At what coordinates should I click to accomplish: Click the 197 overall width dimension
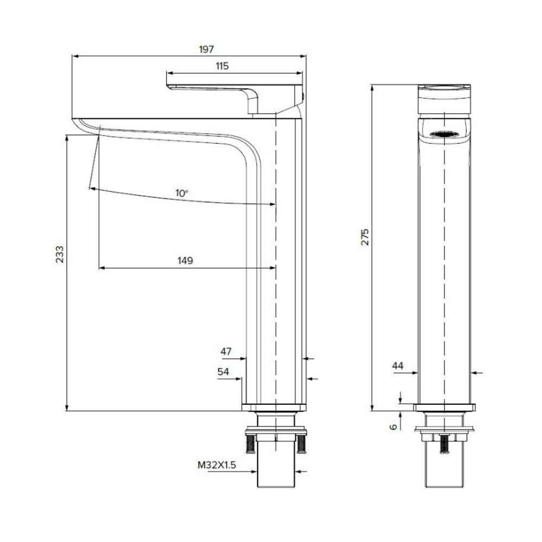point(207,49)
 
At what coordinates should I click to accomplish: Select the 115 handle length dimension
point(222,66)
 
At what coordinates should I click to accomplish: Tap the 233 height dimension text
point(60,254)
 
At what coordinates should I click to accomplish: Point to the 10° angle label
point(182,193)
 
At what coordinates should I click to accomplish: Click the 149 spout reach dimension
point(185,261)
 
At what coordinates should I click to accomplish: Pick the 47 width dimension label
point(225,352)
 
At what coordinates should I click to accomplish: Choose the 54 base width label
point(223,372)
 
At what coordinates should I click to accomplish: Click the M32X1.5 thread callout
point(217,465)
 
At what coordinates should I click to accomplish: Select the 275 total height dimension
point(365,237)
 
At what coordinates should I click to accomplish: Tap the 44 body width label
point(398,366)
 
